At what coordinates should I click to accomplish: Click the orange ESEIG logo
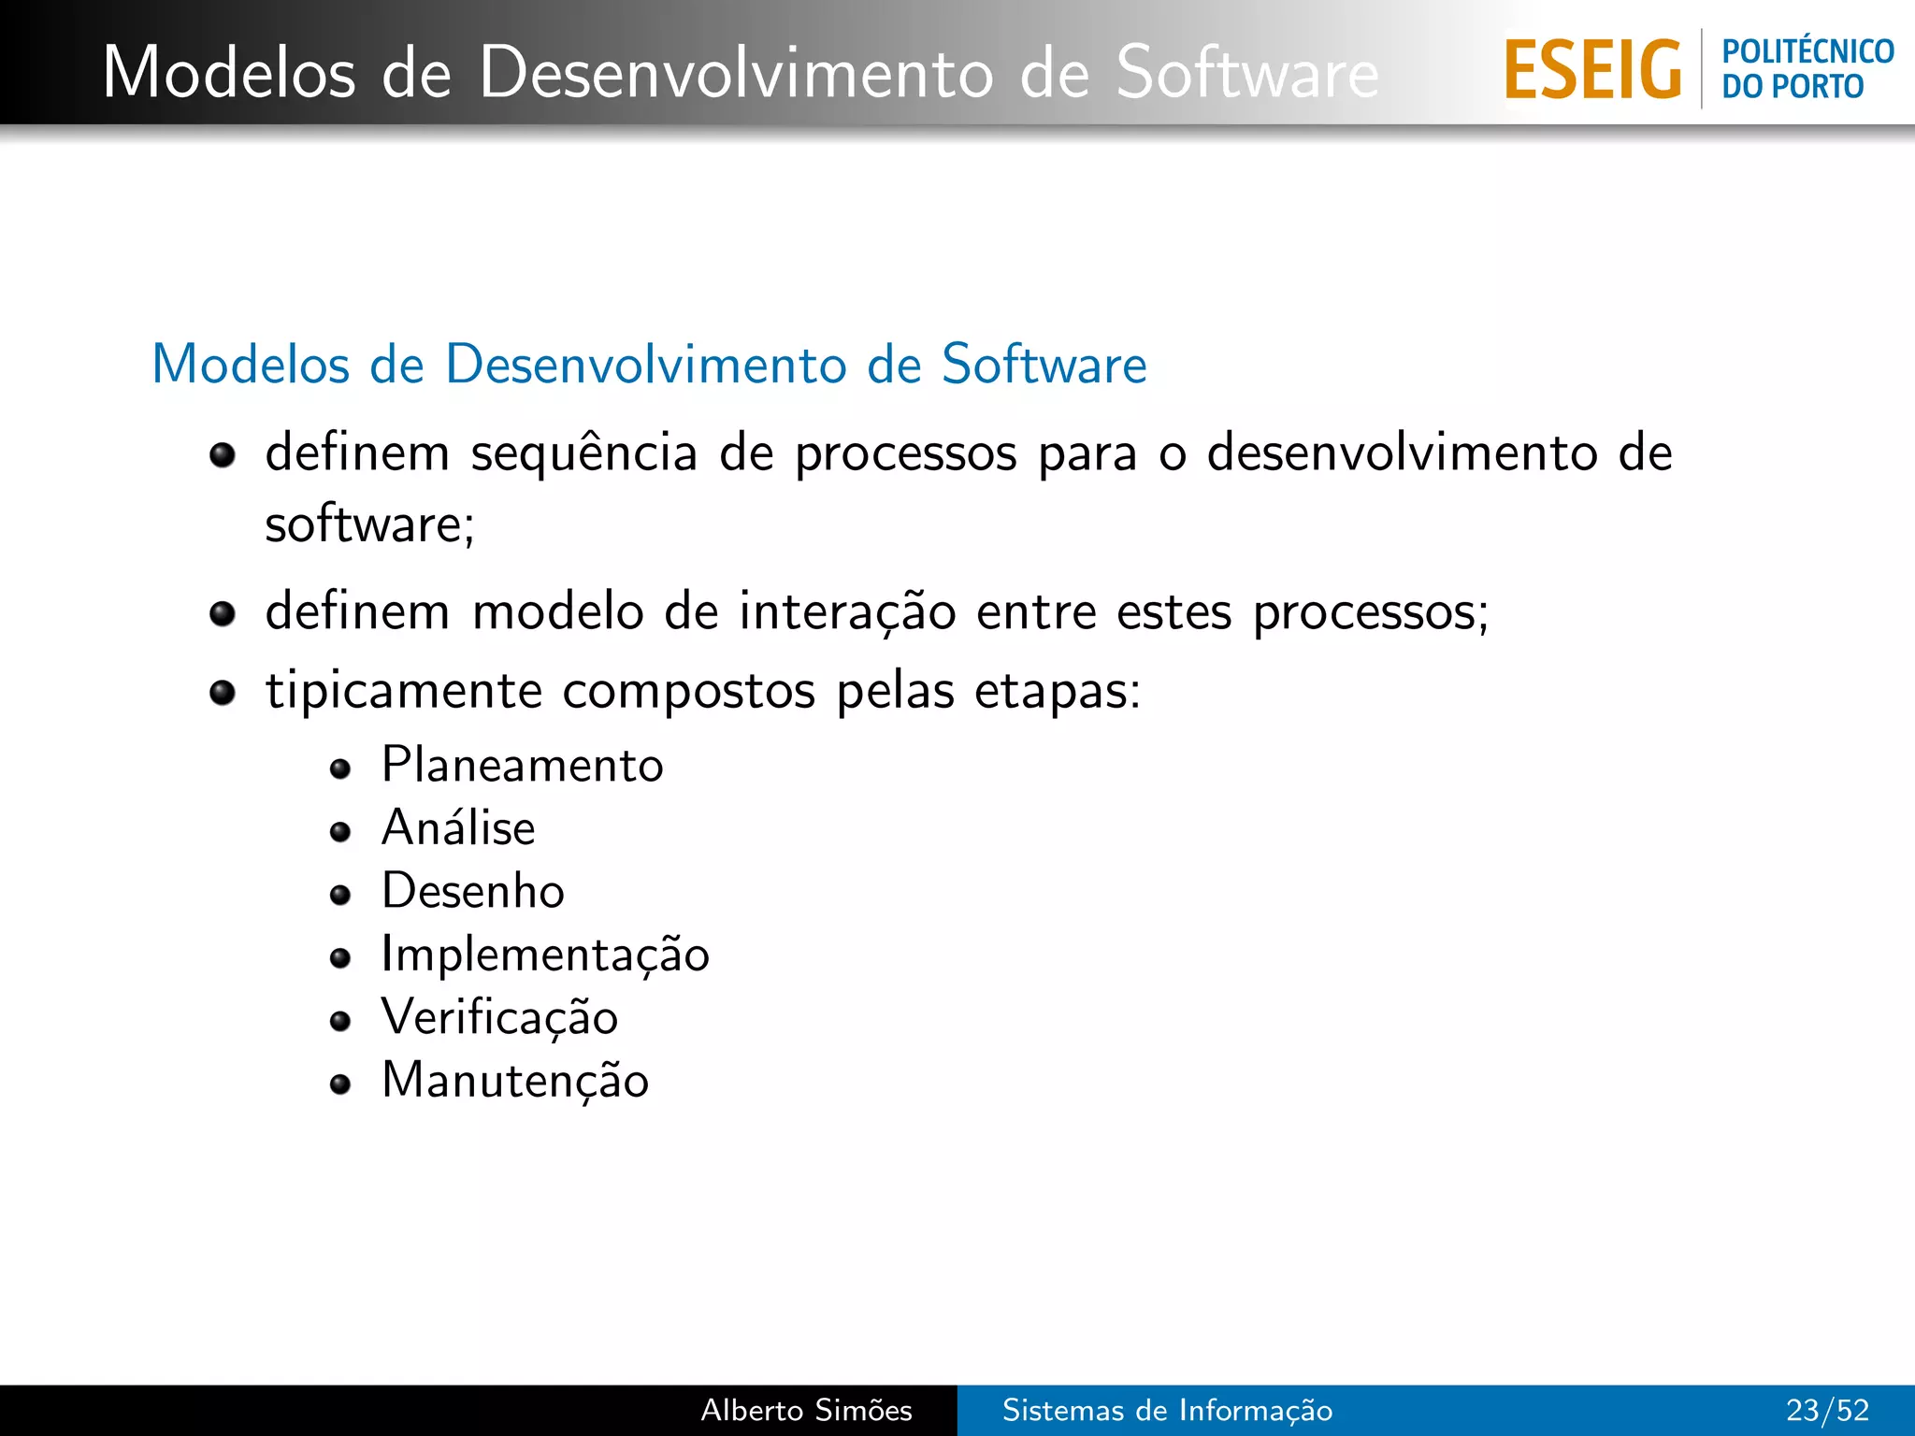coord(1592,70)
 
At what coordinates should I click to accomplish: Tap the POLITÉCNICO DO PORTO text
coord(1807,69)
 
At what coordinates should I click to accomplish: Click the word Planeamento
coord(522,766)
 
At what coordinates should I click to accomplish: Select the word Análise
coord(458,828)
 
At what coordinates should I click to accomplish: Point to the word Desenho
coord(473,891)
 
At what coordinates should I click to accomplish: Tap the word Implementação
coord(545,955)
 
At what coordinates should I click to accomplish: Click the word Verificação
coord(499,1017)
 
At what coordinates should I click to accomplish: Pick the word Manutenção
coord(515,1081)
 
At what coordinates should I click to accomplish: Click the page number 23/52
coord(1827,1410)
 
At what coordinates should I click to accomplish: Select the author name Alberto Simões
coord(806,1410)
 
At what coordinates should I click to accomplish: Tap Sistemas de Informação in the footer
coord(1167,1410)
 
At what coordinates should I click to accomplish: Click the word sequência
coord(583,454)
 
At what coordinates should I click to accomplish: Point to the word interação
coord(847,613)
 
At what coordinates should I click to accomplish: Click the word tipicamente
coord(404,693)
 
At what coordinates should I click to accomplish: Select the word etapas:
coord(1058,693)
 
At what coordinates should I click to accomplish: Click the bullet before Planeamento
coord(340,769)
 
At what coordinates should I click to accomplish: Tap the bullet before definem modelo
coord(223,614)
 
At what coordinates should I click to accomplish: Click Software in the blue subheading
coord(1044,365)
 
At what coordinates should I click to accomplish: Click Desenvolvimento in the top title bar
coord(737,73)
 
